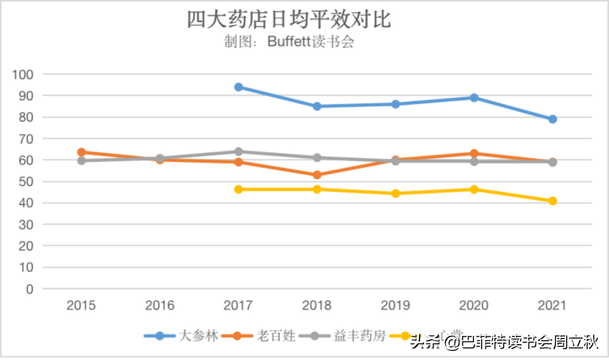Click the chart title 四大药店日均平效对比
click(289, 20)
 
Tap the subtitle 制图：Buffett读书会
click(289, 42)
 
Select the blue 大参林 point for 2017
click(239, 87)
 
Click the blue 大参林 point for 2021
click(553, 119)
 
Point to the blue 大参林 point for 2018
click(317, 106)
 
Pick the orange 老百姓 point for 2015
click(81, 152)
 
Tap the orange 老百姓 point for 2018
click(317, 175)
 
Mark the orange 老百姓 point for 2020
click(474, 153)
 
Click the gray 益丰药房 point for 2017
click(239, 151)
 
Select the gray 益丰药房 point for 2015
click(81, 161)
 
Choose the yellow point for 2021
click(553, 201)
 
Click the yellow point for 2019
click(395, 194)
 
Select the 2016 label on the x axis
click(160, 306)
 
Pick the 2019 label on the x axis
click(395, 306)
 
